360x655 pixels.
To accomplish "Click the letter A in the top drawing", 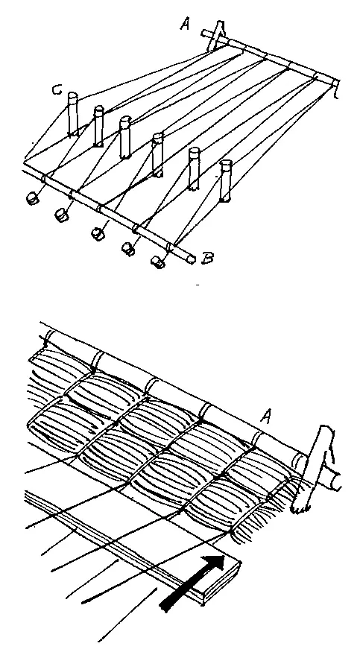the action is click(186, 23).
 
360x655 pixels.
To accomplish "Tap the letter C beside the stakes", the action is click(57, 89).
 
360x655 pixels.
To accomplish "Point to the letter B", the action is click(207, 259).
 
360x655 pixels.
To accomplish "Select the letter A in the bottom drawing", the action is click(266, 416).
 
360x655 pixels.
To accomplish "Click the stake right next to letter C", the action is click(72, 113).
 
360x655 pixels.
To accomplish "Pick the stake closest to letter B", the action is click(226, 180).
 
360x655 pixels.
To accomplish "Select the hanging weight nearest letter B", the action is click(157, 262).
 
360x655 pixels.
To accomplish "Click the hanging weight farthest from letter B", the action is click(33, 198).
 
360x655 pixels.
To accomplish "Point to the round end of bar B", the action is click(191, 259).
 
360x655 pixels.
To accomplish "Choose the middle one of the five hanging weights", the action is click(98, 233).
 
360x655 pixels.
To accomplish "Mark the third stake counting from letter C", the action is click(125, 137).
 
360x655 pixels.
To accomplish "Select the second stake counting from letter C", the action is click(98, 126).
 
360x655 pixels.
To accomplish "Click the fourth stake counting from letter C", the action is click(157, 154).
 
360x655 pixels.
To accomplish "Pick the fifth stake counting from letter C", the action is click(195, 168).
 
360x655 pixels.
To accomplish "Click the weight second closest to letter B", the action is click(127, 249).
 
